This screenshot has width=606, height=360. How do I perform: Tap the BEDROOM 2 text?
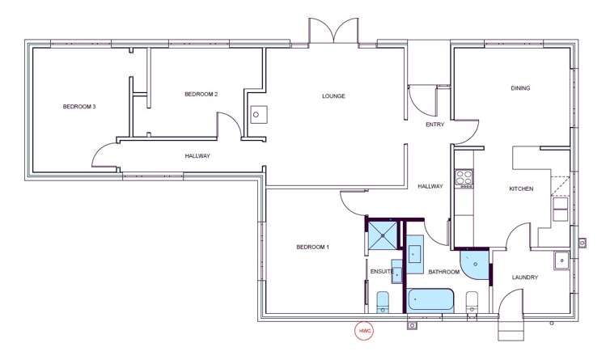coord(201,94)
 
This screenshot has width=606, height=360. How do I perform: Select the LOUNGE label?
coord(333,96)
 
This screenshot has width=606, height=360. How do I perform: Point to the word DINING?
coord(520,88)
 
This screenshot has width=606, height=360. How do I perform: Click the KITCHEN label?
coord(520,188)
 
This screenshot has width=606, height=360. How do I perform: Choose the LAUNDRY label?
coord(525,277)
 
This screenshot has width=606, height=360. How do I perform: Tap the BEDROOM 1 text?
coord(312,247)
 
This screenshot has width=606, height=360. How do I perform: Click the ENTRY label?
coord(435,125)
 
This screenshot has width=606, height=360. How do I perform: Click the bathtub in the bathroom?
coord(431,300)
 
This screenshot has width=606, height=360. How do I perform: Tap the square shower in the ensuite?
coord(384,235)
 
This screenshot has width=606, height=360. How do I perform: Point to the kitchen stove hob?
coord(464,177)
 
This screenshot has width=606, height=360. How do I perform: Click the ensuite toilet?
coord(384,303)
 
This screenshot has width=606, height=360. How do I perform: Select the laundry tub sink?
coord(562,260)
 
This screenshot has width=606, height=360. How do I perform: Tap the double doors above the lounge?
coord(333,31)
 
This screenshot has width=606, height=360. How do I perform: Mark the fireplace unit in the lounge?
coord(257,115)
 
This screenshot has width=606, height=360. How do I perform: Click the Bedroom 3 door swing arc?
coord(104,155)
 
